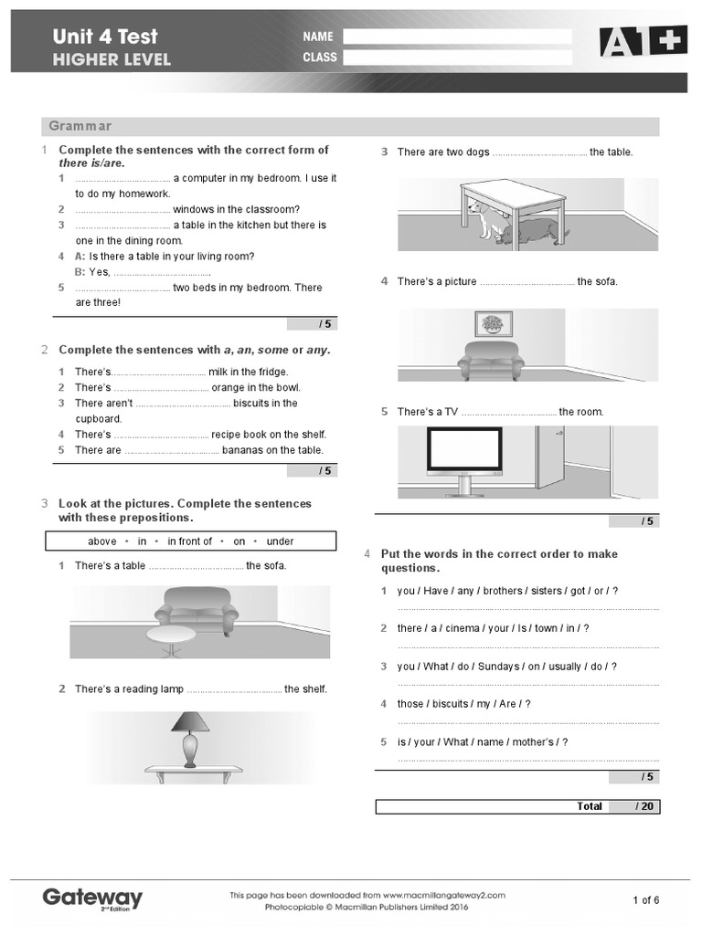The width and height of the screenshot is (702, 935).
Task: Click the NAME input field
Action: coord(457,37)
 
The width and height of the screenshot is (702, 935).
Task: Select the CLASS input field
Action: coord(457,57)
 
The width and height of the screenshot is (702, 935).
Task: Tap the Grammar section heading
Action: coord(80,126)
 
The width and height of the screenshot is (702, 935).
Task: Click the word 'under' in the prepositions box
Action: coord(280,541)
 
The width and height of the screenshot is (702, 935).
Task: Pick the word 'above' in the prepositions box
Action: coord(102,541)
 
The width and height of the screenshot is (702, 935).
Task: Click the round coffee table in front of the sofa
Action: coord(171,636)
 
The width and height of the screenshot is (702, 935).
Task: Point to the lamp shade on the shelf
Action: coord(190,722)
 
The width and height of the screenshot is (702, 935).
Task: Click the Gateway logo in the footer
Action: coord(92,898)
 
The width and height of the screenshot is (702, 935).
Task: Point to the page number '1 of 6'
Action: coord(645,900)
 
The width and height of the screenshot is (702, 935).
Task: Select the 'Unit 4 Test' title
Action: coord(105,37)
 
